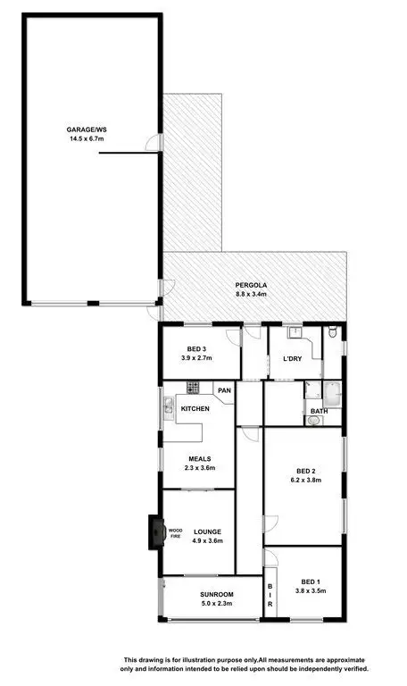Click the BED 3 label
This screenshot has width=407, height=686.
pyautogui.click(x=199, y=348)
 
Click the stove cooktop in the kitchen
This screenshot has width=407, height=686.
pyautogui.click(x=192, y=387)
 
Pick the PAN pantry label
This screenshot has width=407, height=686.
pyautogui.click(x=223, y=390)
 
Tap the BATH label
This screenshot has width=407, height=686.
pyautogui.click(x=318, y=412)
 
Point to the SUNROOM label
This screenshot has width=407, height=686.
pyautogui.click(x=217, y=594)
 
